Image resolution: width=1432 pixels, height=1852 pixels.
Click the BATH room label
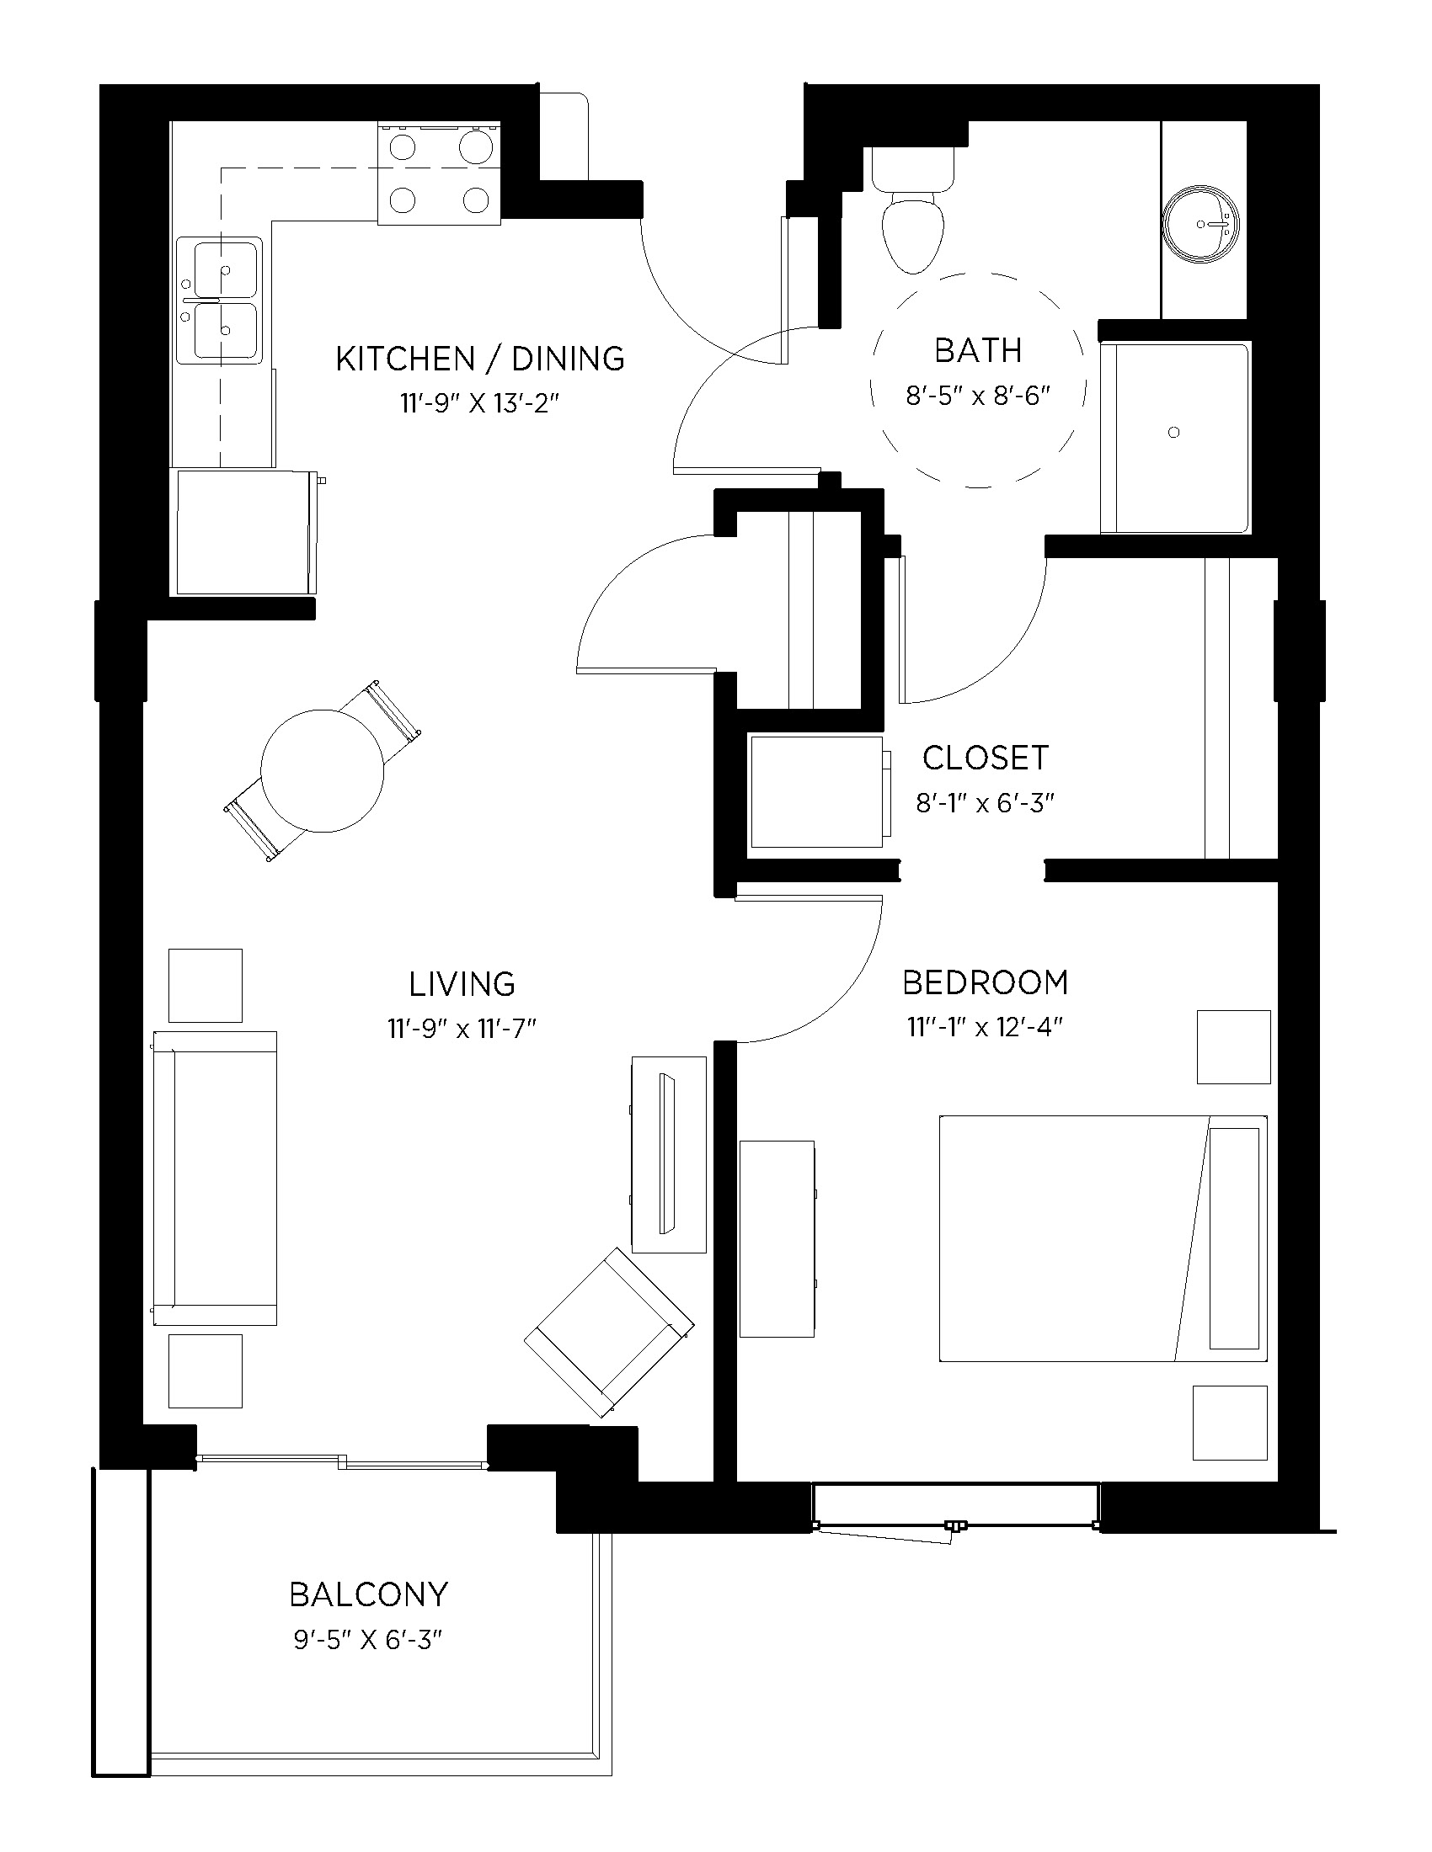pos(977,350)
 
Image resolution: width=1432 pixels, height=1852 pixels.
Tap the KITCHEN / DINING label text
pos(480,359)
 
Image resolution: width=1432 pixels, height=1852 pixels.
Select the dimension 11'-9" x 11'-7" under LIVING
pos(462,1029)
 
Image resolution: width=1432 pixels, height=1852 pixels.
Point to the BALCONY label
pos(368,1594)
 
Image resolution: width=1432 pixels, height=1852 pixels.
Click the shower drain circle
pos(1174,433)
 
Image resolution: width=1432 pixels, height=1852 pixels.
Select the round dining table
pos(323,771)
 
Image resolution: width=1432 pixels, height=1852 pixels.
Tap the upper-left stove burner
pos(402,147)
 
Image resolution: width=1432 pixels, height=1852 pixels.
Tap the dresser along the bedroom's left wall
pos(777,1238)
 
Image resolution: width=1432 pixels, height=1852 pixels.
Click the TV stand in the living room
pos(669,1153)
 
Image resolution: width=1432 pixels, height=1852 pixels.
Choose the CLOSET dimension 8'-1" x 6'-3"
pos(984,802)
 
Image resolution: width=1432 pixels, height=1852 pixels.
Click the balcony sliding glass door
pos(341,1461)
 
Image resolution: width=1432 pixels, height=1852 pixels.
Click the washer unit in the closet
pos(817,791)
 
